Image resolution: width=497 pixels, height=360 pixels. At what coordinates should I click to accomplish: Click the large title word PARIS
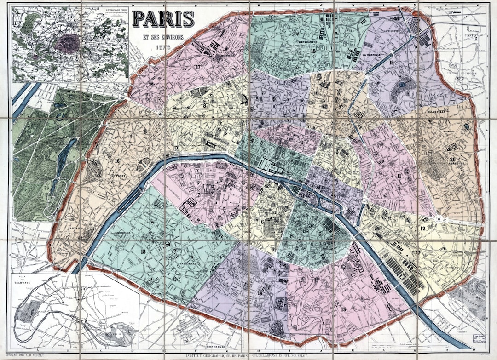[163, 18]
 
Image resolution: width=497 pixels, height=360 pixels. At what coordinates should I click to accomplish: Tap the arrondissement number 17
[198, 67]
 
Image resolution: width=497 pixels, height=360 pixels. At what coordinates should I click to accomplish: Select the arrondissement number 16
[117, 161]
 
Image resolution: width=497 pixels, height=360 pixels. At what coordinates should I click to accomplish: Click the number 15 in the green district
[143, 251]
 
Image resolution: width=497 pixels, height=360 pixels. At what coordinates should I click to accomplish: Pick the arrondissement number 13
[343, 309]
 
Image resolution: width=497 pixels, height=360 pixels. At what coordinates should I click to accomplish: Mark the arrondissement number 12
[422, 229]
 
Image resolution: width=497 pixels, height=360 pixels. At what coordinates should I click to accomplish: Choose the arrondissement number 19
[392, 62]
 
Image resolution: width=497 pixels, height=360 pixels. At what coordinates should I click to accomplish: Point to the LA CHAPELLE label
[371, 54]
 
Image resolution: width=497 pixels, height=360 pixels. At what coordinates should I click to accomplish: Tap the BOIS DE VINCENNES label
[469, 299]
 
